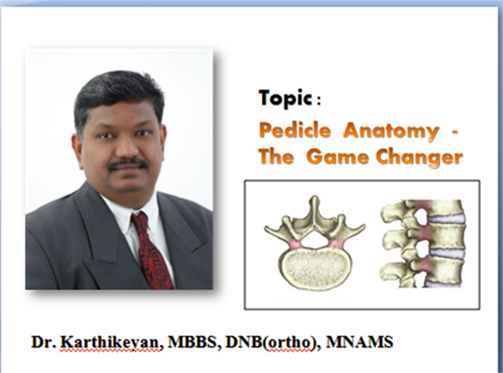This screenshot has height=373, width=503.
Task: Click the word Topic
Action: pos(285,98)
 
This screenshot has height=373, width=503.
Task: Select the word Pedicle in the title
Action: pos(295,131)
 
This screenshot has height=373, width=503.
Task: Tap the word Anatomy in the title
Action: pos(391,131)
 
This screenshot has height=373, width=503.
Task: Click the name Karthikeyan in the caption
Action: pos(111,342)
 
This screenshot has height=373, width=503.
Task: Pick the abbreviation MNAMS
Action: pos(359,341)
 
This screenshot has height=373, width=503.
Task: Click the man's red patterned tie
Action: pos(151,250)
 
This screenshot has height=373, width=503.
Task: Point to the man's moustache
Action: pos(128,164)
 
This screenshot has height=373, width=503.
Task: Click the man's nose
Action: pos(125,147)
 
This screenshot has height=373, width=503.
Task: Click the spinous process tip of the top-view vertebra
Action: pos(314,200)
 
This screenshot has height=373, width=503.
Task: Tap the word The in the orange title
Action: pos(276,157)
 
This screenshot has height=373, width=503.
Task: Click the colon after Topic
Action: pos(318,102)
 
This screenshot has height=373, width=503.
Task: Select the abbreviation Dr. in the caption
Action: pos(44,342)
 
